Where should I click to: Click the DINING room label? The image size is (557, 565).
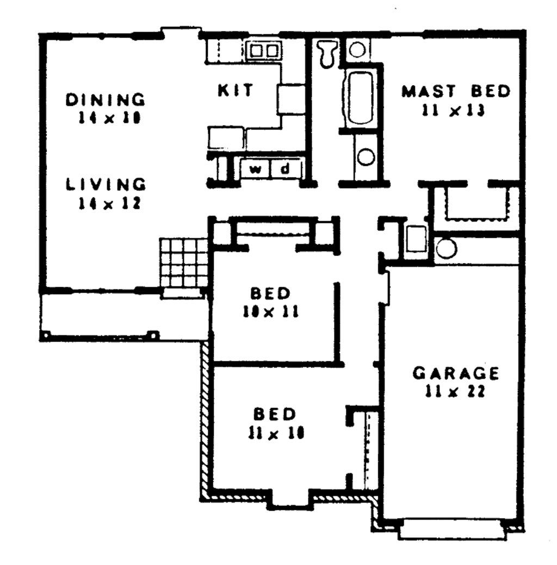point(106,100)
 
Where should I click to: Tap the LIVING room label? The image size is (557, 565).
point(106,184)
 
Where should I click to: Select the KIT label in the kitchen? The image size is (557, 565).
point(235,90)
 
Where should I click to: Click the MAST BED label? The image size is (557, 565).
point(456,91)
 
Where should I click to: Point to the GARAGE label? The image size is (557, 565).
point(455,374)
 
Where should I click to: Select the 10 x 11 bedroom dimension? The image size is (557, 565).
point(270,313)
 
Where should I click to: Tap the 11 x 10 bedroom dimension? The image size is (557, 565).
point(276,433)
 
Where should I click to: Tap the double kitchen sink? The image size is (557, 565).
point(264,51)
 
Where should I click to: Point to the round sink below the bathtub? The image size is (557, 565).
point(365,158)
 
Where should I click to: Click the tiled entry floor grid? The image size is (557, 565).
point(184,263)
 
